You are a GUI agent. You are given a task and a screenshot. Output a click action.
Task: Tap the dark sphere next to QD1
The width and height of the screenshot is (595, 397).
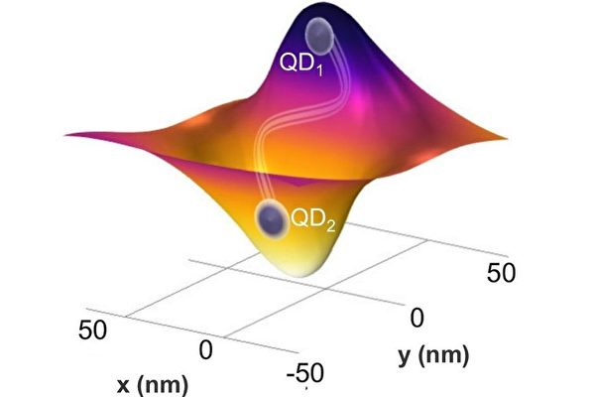(320, 36)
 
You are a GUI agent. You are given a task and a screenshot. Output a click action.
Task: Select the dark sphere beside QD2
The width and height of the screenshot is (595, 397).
(270, 218)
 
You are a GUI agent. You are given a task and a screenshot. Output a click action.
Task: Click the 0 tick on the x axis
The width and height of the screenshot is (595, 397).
(207, 350)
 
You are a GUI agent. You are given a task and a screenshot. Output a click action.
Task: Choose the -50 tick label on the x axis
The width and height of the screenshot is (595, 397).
(304, 373)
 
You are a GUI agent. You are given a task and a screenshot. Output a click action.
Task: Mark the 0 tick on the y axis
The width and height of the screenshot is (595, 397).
(417, 318)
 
